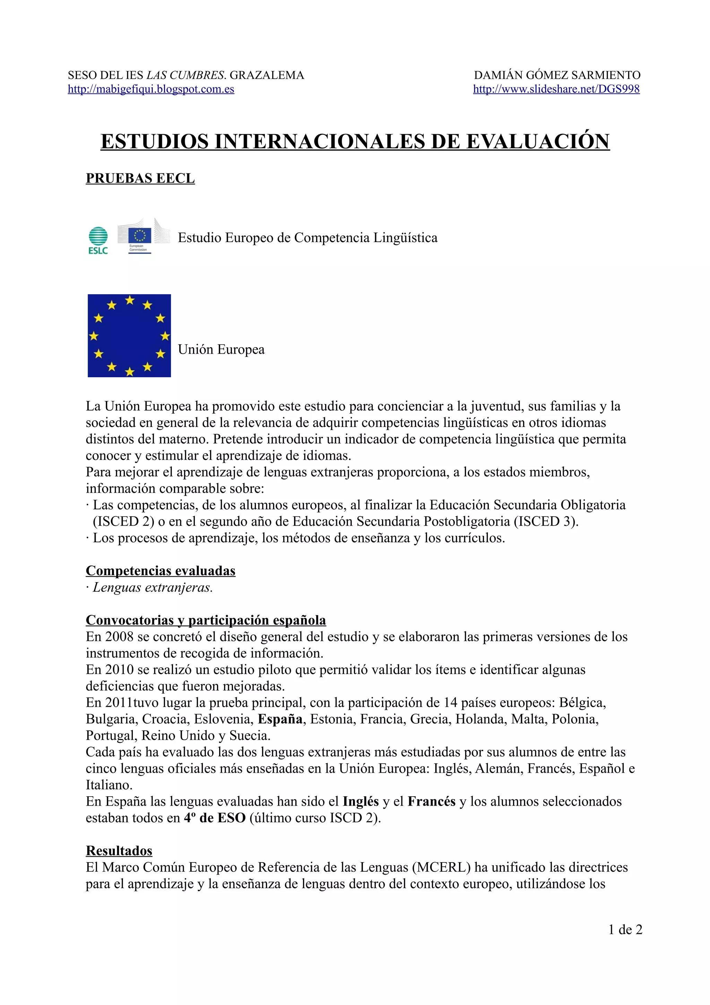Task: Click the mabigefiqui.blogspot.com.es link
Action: [151, 89]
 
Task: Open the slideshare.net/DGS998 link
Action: [556, 89]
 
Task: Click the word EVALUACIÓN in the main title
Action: [538, 141]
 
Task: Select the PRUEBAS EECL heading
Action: [140, 179]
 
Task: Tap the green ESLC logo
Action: [98, 240]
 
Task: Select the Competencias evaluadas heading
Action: [161, 571]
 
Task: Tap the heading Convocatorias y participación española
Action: [206, 620]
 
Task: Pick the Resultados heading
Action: [119, 850]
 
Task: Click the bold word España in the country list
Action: [280, 719]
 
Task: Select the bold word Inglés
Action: [361, 801]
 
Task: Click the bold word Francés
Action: [431, 801]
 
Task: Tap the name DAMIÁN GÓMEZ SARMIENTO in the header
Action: [557, 75]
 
